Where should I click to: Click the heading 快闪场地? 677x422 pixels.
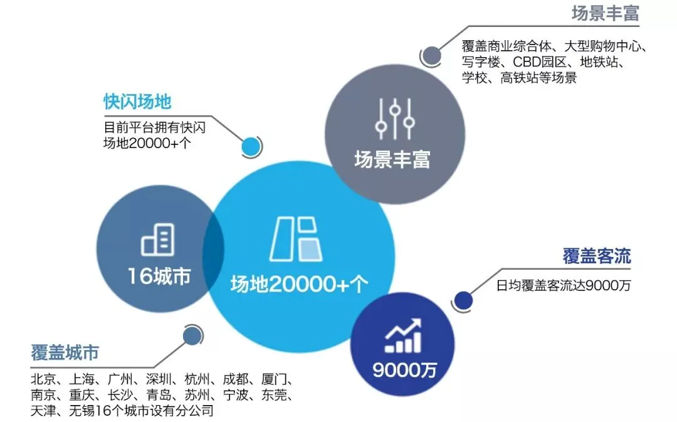pyautogui.click(x=137, y=102)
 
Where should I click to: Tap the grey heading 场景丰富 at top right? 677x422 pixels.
pyautogui.click(x=605, y=14)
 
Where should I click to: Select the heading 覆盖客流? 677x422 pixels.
pyautogui.click(x=596, y=256)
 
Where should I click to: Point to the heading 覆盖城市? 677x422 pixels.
pyautogui.click(x=65, y=353)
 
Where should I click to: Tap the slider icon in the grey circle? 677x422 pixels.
pyautogui.click(x=394, y=119)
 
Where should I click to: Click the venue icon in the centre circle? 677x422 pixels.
pyautogui.click(x=297, y=240)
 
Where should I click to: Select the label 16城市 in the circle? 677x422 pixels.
pyautogui.click(x=159, y=277)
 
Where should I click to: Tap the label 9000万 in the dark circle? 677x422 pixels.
pyautogui.click(x=404, y=370)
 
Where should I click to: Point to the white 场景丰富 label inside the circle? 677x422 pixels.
pyautogui.click(x=392, y=159)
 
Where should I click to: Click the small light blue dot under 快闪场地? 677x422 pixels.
pyautogui.click(x=251, y=147)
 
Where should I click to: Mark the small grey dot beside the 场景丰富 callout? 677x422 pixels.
pyautogui.click(x=430, y=56)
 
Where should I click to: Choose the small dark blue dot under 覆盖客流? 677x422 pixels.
pyautogui.click(x=463, y=300)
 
